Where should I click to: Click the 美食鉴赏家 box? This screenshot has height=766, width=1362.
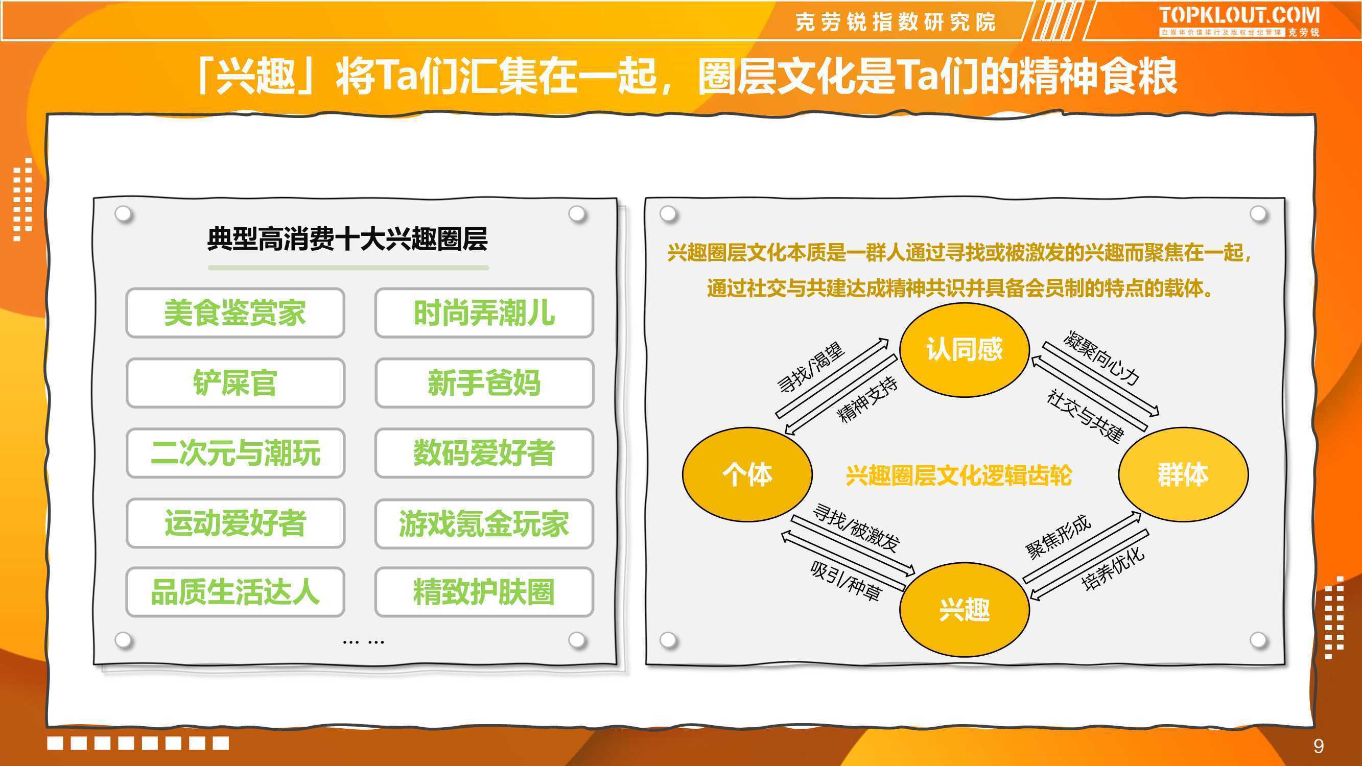[236, 313]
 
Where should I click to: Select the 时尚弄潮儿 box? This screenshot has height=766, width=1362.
[484, 313]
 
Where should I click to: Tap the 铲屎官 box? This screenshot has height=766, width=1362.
[236, 382]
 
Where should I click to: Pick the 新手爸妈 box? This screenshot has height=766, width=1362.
[484, 382]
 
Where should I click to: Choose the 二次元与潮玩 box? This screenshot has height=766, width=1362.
[236, 453]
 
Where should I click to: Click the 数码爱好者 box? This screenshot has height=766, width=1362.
[484, 453]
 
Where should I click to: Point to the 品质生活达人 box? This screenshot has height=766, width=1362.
[236, 592]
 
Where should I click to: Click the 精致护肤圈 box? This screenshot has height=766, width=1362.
[484, 592]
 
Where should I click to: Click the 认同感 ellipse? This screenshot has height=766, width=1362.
[965, 350]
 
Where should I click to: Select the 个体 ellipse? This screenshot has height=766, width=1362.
[747, 474]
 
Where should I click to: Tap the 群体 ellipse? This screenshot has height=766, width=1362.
[1183, 474]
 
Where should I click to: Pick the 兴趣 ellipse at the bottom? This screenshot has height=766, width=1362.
[965, 610]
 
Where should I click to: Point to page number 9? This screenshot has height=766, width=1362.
[1319, 746]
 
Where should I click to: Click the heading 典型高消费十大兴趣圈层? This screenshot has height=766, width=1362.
[347, 239]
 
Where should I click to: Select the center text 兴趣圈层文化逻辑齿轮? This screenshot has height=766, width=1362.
[958, 475]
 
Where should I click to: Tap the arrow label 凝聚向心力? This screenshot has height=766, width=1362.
[1101, 358]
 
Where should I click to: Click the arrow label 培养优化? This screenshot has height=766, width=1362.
[1113, 568]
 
